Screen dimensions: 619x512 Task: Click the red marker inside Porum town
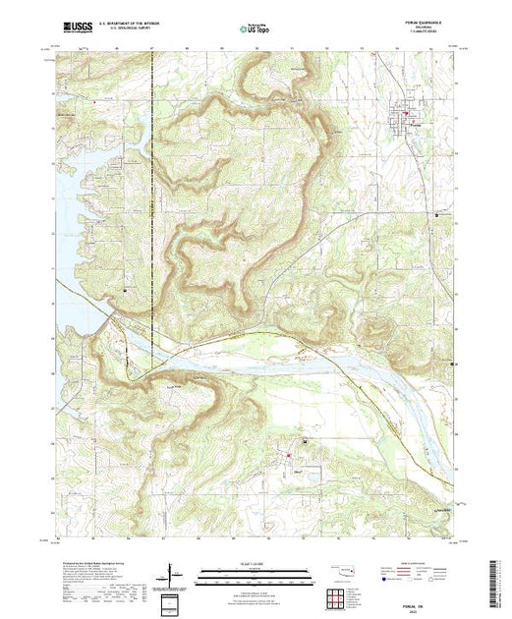(402, 117)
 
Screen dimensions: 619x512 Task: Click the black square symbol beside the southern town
(305, 442)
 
